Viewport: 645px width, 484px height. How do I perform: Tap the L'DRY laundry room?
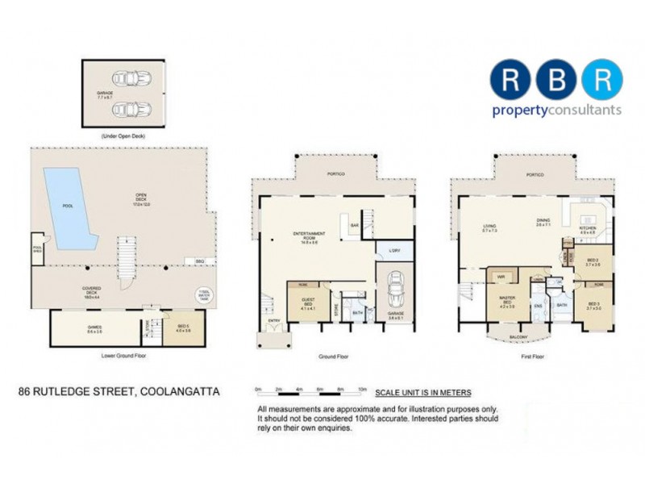coord(393,252)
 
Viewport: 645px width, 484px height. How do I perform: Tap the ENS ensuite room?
coord(538,306)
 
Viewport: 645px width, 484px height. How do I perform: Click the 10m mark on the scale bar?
coord(362,389)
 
